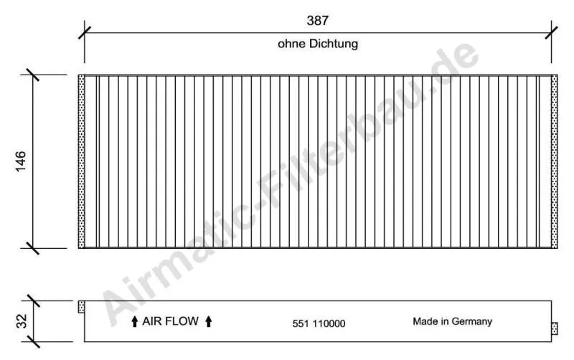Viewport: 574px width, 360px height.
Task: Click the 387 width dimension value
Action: tap(318, 21)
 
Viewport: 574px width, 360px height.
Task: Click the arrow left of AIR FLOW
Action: tap(134, 322)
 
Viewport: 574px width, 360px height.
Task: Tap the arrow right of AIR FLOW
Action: tap(208, 322)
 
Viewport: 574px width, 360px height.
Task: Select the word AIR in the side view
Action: tap(154, 321)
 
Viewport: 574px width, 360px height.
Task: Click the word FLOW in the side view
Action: tap(184, 321)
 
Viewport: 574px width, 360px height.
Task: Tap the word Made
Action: tap(425, 321)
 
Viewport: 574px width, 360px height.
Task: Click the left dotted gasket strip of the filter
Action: tap(81, 161)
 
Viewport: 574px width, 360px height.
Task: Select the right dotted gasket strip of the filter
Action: tap(554, 161)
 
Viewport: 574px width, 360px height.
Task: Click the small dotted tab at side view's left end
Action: tap(81, 307)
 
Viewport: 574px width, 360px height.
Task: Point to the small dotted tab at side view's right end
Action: tap(554, 328)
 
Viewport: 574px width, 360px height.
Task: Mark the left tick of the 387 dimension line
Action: tap(85, 32)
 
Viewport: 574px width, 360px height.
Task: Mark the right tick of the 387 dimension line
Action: tap(551, 32)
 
